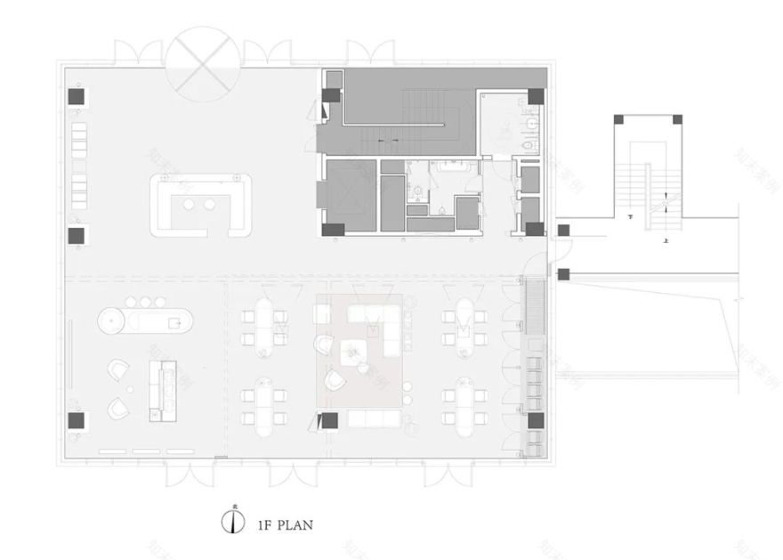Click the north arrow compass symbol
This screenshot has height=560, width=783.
point(232,522)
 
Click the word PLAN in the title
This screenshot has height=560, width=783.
point(295,524)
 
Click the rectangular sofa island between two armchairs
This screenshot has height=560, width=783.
point(163,389)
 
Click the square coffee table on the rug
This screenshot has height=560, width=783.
point(355,352)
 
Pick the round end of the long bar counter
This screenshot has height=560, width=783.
point(111,320)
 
